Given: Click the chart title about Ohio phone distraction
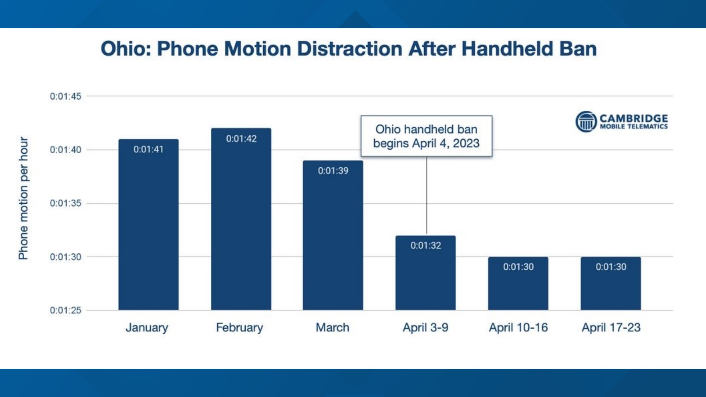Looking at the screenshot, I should pos(349,49).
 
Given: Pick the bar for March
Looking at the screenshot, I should pos(333,239).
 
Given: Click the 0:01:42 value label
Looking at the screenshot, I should pos(241,139).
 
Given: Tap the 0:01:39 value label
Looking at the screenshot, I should pos(333,171).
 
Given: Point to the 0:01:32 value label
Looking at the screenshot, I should pos(426,245).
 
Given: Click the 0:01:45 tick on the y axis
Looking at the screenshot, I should pos(65,96).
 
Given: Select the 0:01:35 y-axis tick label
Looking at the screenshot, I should pos(65,203).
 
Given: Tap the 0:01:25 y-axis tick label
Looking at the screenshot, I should pos(65,310).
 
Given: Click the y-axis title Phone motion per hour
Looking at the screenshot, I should pos(23,198).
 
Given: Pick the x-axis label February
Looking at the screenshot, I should pos(239,328).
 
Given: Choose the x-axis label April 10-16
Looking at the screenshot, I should pos(518,328).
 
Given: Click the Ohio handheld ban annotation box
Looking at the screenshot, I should pos(426,136).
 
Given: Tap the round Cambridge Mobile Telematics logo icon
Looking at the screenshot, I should pos(586,122).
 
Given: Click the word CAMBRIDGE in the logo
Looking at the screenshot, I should pos(634,118).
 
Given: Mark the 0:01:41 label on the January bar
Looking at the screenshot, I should pos(148,149).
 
